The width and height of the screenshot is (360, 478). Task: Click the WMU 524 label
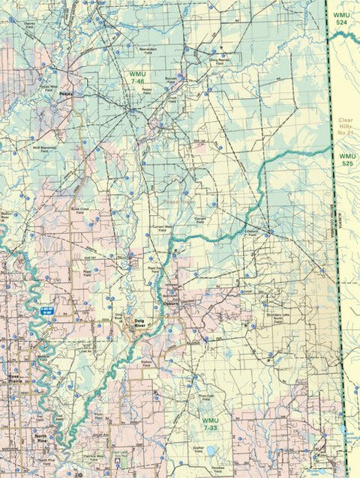[341, 19]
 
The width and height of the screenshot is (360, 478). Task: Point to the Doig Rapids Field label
[217, 62]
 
